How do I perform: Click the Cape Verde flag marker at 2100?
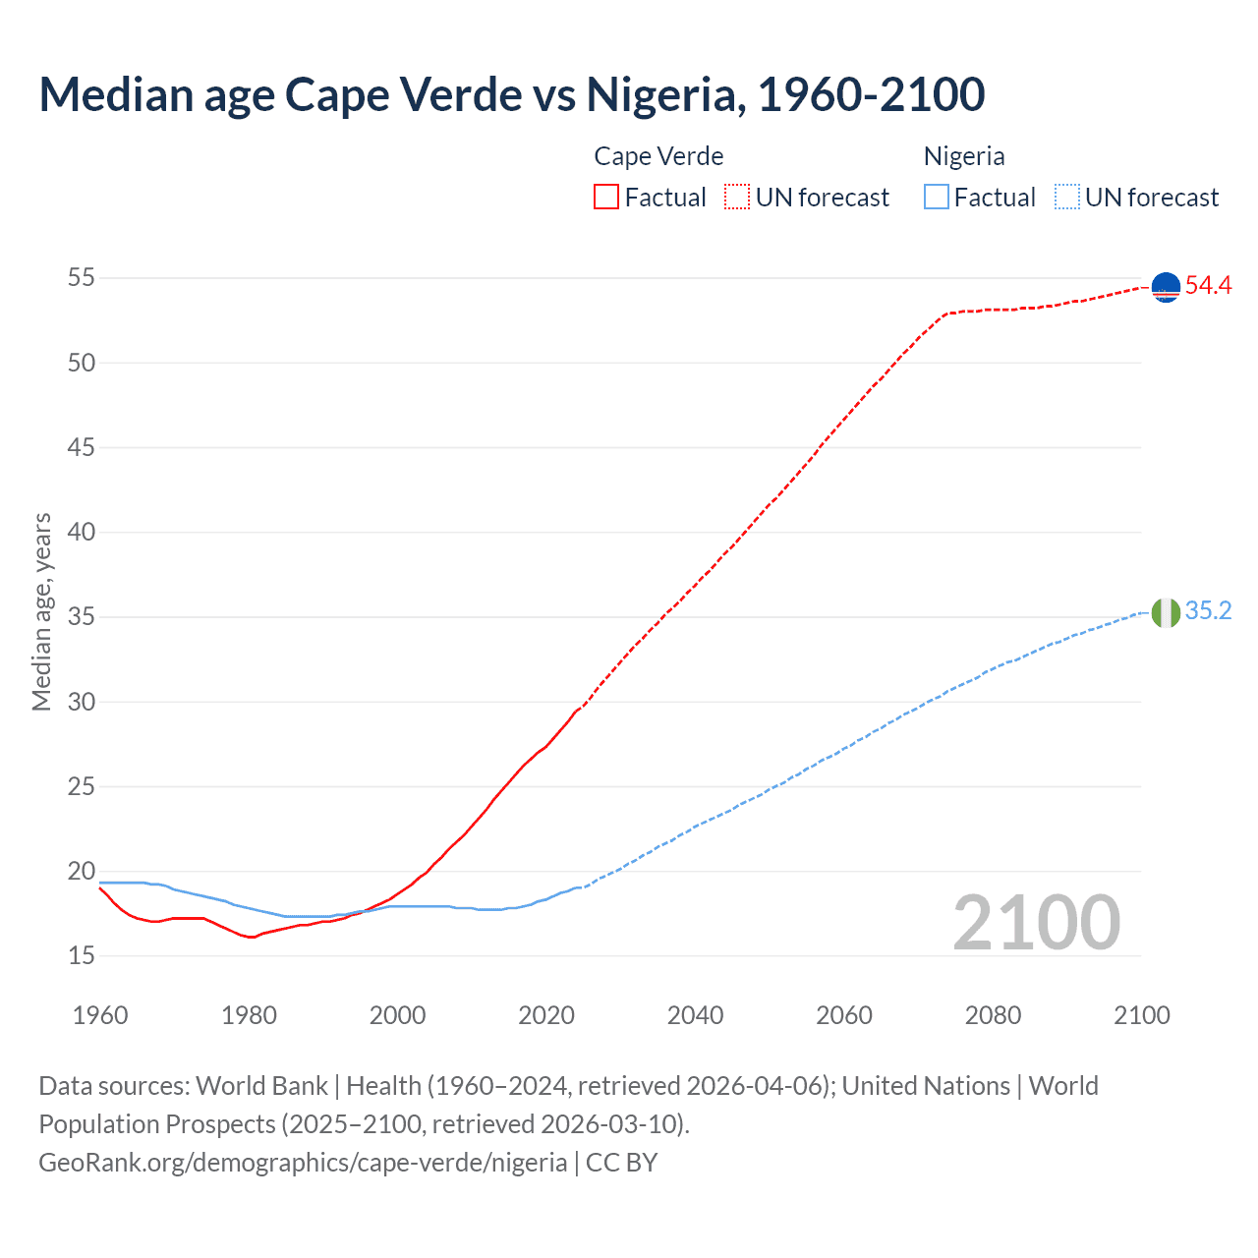1166,287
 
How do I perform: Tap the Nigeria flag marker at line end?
1166,612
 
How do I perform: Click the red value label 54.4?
1208,286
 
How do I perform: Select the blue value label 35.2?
1208,611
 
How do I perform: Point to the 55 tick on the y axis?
82,278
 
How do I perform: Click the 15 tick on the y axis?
82,955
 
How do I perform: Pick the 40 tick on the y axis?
82,533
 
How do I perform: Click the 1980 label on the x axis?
249,1015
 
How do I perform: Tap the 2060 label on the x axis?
844,1015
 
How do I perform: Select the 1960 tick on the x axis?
100,1015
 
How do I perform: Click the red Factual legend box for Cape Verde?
606,198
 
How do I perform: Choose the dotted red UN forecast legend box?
737,198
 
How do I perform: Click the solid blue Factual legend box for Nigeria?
937,198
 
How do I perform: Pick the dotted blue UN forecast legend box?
1067,198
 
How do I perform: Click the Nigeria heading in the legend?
964,156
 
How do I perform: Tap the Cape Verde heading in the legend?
658,156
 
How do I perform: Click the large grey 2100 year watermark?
1037,923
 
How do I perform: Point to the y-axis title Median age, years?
41,611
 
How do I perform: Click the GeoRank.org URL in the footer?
303,1163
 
